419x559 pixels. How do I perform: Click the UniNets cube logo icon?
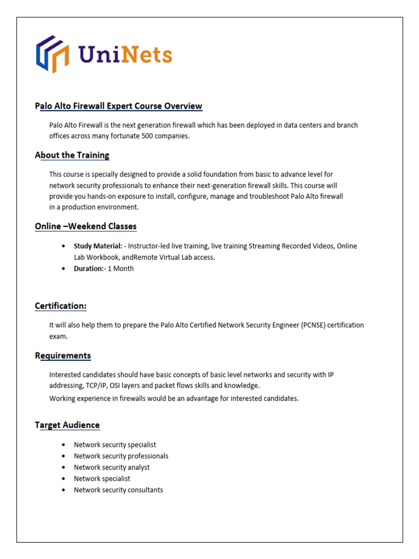[52, 54]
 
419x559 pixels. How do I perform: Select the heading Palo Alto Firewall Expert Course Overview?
[118, 106]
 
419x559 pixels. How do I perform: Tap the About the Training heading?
[72, 155]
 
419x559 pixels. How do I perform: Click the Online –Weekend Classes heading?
[86, 226]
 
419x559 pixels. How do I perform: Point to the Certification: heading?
[61, 306]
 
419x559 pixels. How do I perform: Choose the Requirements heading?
[63, 355]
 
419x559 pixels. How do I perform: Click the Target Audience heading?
[67, 425]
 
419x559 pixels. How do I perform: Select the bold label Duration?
[88, 269]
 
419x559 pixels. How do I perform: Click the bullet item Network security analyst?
[112, 467]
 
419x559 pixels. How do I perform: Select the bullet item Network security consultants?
[118, 490]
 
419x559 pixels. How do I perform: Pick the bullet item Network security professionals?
[121, 456]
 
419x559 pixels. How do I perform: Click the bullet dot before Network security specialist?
[64, 445]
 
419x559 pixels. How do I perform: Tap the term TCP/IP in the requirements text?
[94, 385]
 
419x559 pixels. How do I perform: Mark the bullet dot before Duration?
[64, 269]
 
